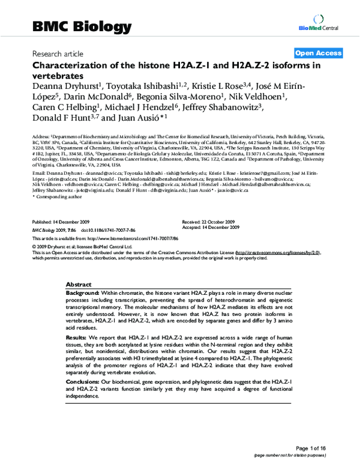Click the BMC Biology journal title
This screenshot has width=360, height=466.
[x=81, y=27]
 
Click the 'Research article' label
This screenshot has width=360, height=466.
[x=58, y=53]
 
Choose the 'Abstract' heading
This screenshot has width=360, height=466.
[x=78, y=284]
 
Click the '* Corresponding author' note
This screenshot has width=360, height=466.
[x=56, y=196]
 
